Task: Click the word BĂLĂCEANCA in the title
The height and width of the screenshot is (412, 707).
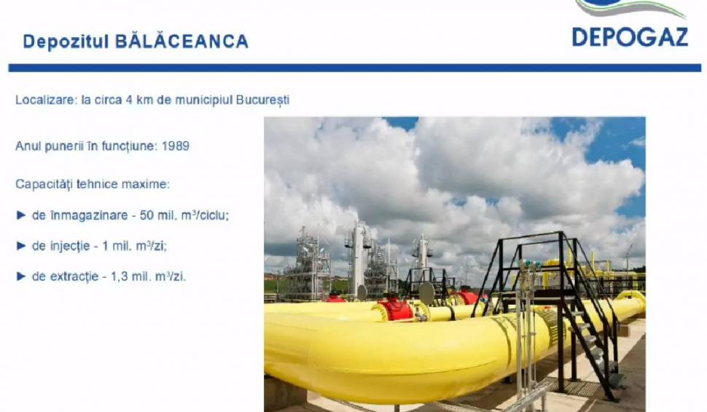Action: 181,41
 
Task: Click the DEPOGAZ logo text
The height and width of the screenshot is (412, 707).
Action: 630,36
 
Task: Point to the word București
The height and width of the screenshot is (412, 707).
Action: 262,99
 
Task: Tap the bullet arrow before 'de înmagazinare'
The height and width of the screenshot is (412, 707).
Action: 20,216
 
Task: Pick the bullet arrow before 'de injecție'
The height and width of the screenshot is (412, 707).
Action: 20,246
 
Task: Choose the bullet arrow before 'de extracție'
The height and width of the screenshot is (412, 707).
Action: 20,277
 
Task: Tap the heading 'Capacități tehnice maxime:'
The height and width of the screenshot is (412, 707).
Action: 92,184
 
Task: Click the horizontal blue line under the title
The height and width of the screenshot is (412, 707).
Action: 354,68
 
